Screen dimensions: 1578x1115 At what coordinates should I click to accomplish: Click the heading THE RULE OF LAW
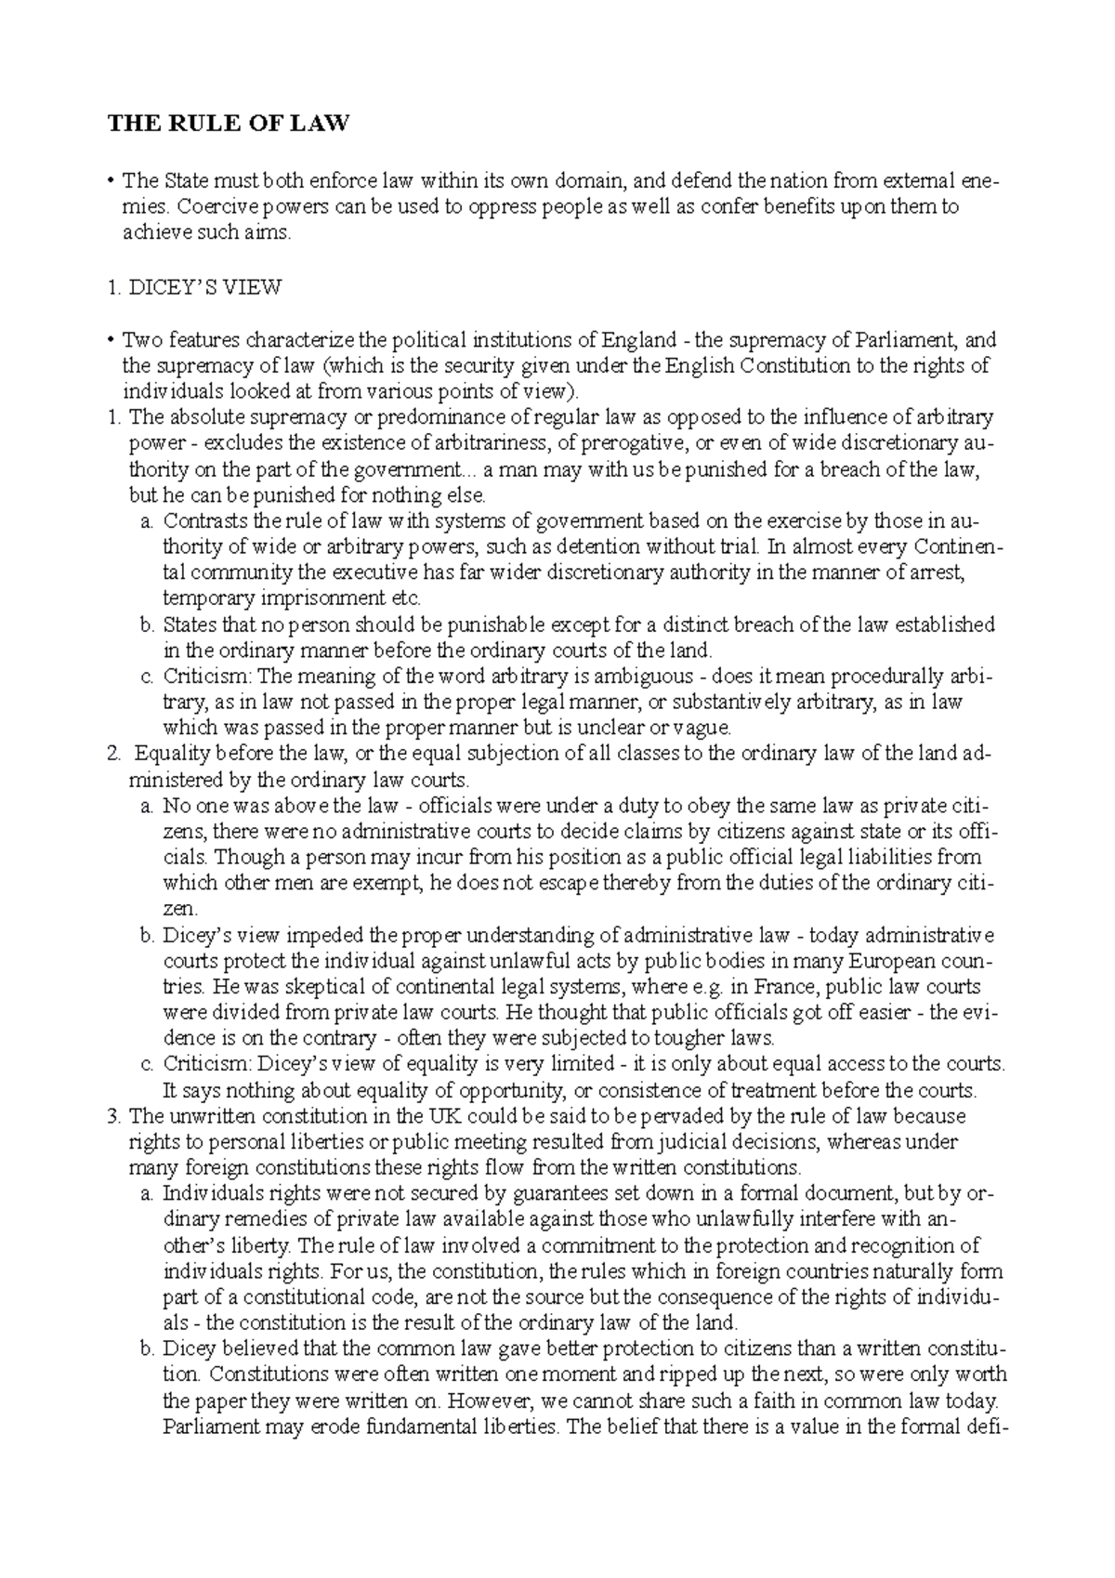click(229, 124)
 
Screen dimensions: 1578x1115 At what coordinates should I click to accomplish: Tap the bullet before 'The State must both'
click(111, 180)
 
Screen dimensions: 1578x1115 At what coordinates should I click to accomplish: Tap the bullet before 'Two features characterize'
click(111, 340)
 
